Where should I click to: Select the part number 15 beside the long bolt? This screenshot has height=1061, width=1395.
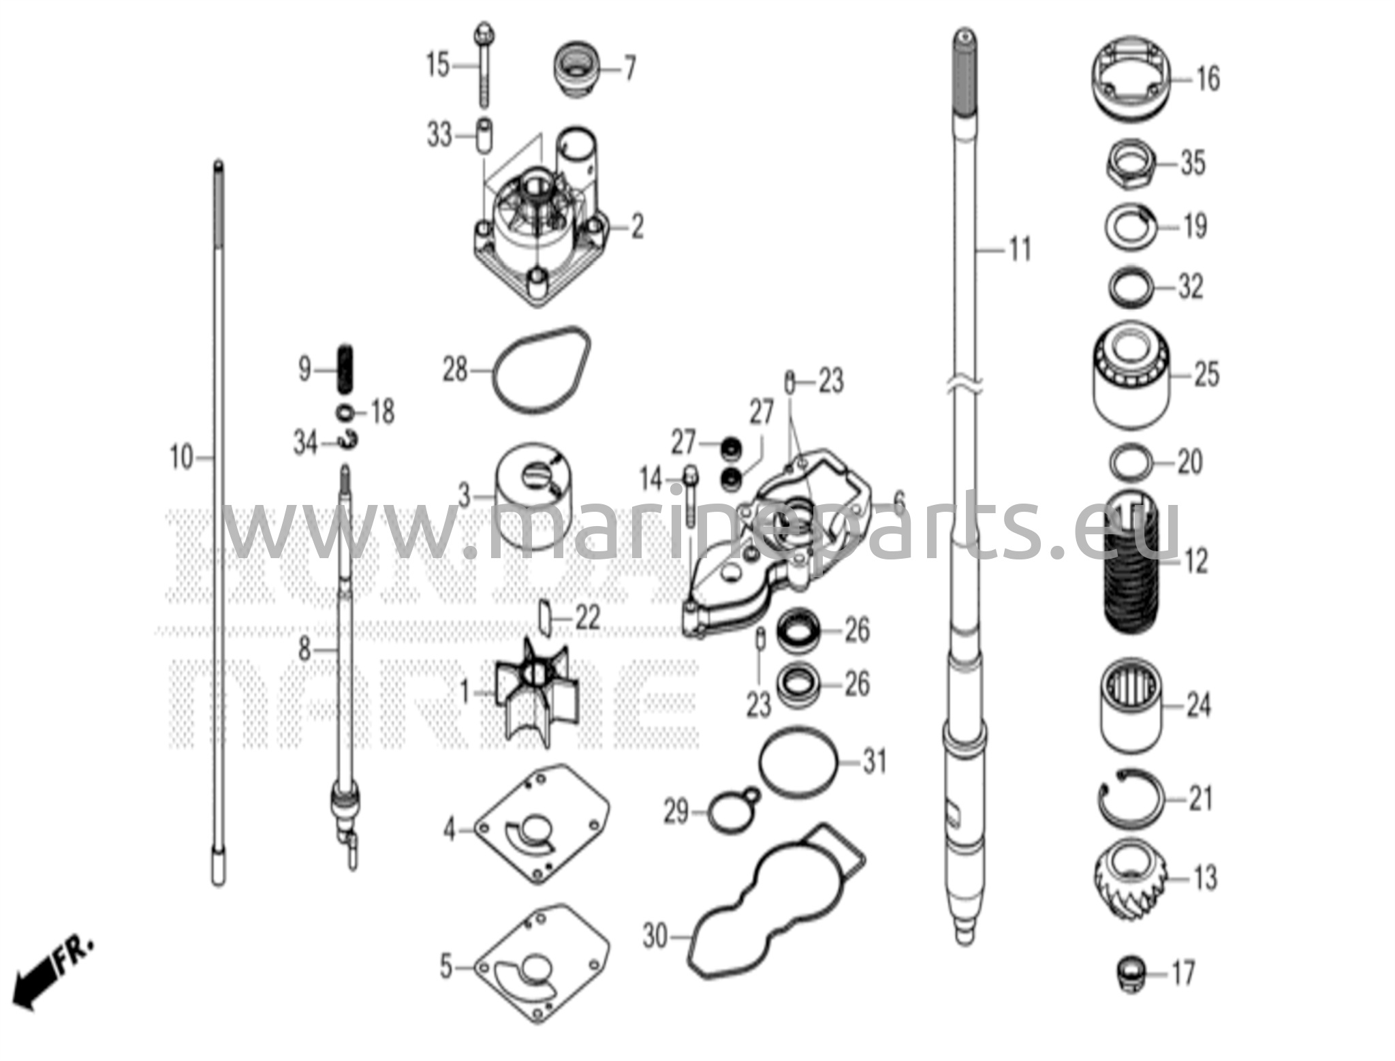pos(438,66)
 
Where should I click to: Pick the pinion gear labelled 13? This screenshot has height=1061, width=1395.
pos(1131,879)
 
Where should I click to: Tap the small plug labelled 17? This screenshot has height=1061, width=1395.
pos(1131,974)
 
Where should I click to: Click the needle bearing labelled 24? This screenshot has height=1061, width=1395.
pos(1131,705)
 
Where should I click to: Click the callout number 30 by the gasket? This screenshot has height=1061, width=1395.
pos(655,938)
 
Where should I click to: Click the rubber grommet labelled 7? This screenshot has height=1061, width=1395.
pos(576,70)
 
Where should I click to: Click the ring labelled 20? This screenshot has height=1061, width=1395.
pos(1131,463)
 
